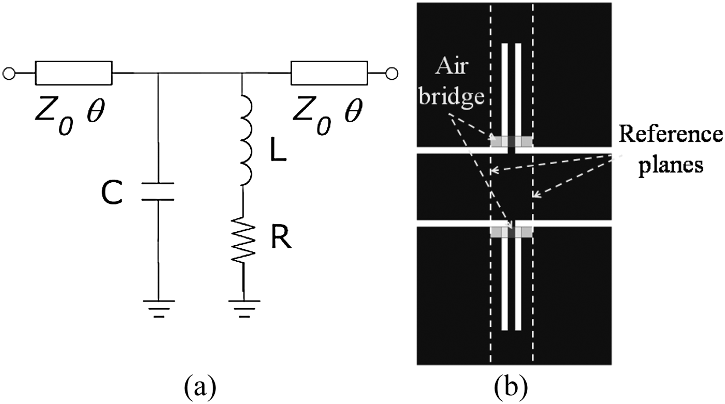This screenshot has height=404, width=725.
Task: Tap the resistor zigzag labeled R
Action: pyautogui.click(x=243, y=241)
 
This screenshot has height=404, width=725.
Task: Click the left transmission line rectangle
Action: pyautogui.click(x=73, y=73)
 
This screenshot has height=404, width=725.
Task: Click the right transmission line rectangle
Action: pyautogui.click(x=329, y=73)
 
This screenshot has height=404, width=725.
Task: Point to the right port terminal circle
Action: pyautogui.click(x=393, y=73)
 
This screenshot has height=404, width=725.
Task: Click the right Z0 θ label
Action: pyautogui.click(x=327, y=113)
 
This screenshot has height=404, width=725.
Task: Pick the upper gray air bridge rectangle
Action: pyautogui.click(x=511, y=141)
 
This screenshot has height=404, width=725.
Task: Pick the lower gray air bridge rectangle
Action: pyautogui.click(x=511, y=232)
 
